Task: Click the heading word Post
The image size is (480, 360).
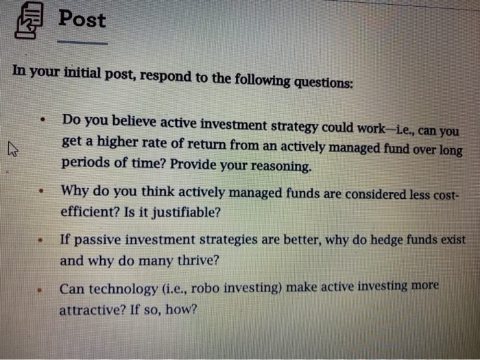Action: coord(82,19)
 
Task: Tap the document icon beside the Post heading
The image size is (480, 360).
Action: coord(29,21)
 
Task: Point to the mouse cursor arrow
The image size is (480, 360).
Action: coord(12,147)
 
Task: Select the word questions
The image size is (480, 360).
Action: coord(324,83)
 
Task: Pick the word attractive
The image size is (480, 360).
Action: coord(91,309)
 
